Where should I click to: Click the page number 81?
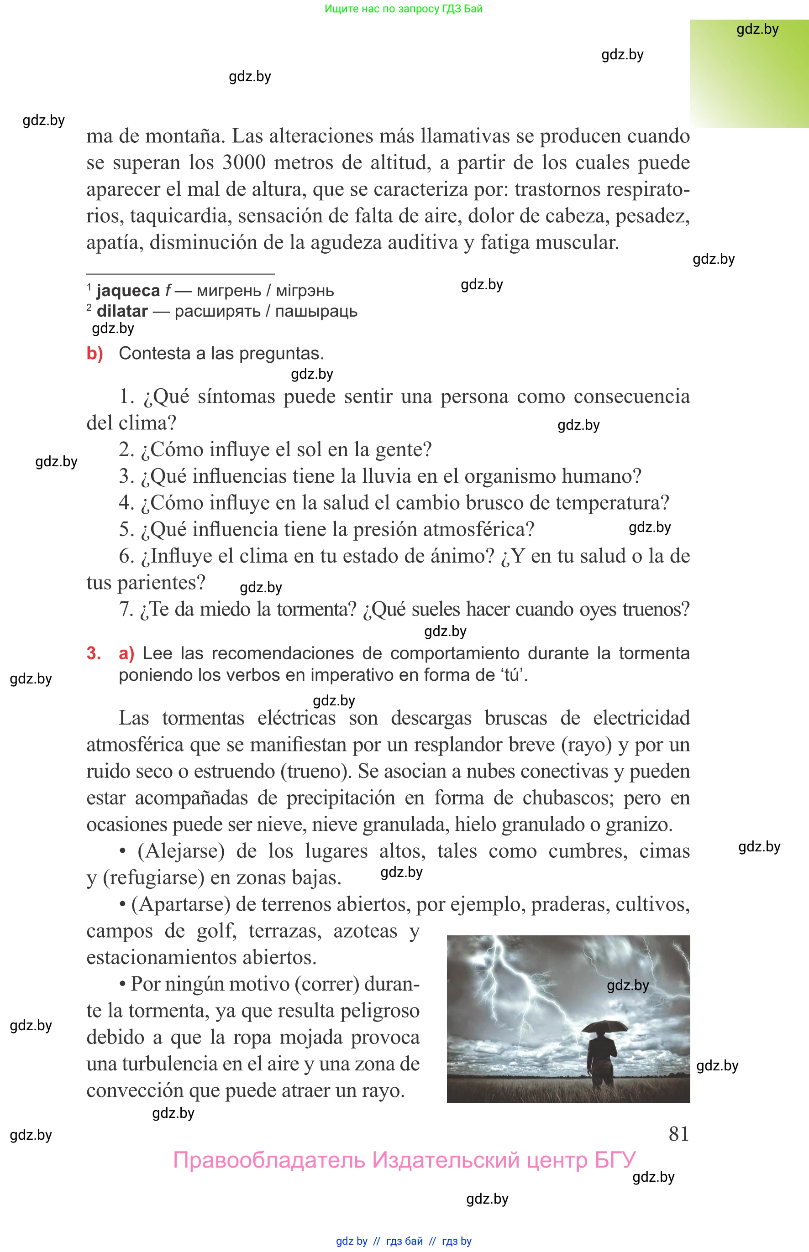click(x=678, y=1133)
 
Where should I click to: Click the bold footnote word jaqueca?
click(x=128, y=290)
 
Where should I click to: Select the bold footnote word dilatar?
click(x=122, y=311)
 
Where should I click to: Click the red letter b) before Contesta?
click(x=95, y=353)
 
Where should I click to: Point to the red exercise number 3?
click(x=94, y=653)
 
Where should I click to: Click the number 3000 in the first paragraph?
click(x=244, y=162)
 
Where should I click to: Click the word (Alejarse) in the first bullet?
click(x=181, y=850)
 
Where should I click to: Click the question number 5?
click(x=126, y=529)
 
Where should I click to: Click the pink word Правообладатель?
click(x=269, y=1160)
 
